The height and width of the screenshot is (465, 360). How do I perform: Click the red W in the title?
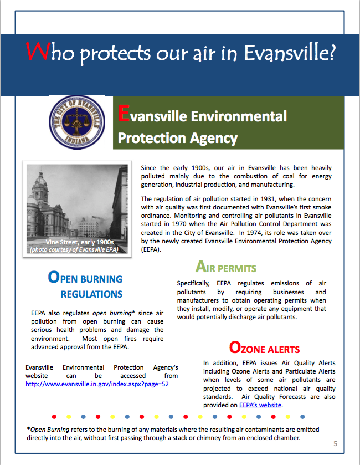coord(37,52)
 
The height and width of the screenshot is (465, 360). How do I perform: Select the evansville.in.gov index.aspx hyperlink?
coord(97,384)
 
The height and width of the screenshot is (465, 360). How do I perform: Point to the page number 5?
coord(336,444)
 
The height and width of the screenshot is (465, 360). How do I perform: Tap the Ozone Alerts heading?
coord(264,349)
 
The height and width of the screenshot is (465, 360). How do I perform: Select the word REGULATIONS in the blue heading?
coord(91,294)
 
